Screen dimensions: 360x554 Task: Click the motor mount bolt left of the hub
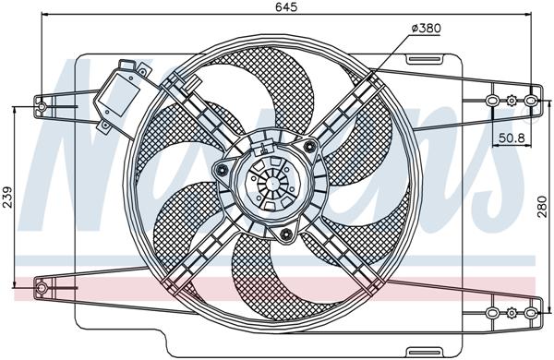pos(223,173)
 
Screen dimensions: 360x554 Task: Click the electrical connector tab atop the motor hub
pos(269,145)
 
